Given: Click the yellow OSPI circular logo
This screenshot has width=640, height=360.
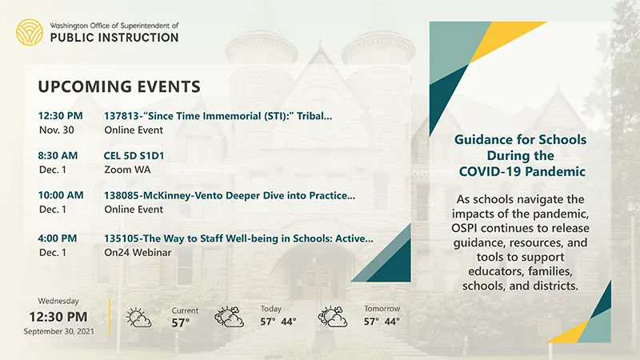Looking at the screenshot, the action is [x=30, y=32].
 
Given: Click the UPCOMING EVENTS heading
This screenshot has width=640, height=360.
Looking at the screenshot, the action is [x=119, y=86].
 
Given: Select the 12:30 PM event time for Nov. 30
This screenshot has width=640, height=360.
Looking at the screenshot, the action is [x=61, y=116].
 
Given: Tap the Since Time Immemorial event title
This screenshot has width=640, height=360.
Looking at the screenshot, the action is [x=218, y=116].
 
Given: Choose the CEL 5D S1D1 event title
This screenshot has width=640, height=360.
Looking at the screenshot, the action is [x=134, y=155].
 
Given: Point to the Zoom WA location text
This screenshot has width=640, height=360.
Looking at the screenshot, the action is [x=127, y=170].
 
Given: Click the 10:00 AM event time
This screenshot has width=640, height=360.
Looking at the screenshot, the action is [x=61, y=195].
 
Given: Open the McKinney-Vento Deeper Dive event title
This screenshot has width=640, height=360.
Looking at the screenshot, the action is [x=230, y=195].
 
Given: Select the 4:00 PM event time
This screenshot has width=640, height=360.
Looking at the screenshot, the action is [x=58, y=238].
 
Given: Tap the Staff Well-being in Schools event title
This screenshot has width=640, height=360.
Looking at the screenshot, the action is [x=238, y=238].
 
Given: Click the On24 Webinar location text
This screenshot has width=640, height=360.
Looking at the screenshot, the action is [x=138, y=252].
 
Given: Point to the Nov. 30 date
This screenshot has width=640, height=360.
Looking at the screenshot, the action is [x=57, y=130].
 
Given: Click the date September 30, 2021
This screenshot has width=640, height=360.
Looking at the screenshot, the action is [x=58, y=331].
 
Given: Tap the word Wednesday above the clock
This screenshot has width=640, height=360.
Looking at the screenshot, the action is [x=58, y=301].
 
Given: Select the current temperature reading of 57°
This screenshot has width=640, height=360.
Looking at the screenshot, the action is [x=181, y=323].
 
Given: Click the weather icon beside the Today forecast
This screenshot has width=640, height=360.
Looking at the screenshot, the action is [x=230, y=317].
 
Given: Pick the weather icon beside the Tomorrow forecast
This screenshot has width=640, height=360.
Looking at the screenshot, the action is [x=333, y=317].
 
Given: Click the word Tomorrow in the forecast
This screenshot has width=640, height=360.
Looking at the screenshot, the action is [x=382, y=309].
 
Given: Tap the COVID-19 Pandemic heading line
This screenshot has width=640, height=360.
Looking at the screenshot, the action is [x=522, y=171].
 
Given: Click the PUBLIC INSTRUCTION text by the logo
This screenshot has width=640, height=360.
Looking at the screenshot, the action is [x=114, y=38].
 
